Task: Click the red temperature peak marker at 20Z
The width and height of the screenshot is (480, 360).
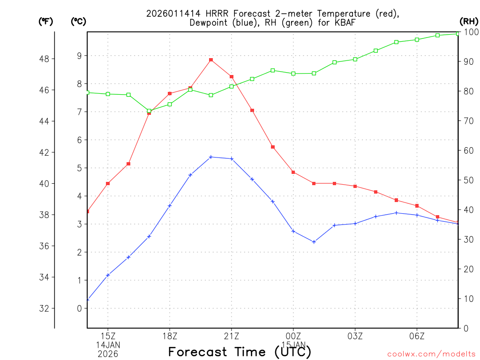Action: pos(211,60)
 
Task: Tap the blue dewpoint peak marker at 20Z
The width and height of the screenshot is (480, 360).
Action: pos(211,157)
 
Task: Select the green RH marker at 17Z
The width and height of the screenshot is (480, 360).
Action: pos(149,111)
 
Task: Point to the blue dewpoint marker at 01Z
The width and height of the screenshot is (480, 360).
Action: pos(314,242)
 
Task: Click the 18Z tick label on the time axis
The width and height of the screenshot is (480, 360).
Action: pos(170,336)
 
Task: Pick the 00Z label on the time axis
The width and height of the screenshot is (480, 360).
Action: pos(293,336)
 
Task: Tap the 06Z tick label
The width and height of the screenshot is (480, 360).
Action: pos(417,336)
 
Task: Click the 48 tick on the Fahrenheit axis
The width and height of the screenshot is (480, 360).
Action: pos(46,59)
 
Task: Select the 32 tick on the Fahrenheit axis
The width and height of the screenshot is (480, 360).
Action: pos(46,308)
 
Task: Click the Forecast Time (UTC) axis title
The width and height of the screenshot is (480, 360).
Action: pos(240,352)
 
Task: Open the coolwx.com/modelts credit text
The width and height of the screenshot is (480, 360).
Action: pos(431,354)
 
